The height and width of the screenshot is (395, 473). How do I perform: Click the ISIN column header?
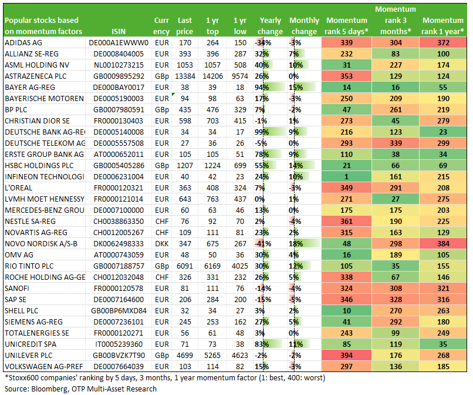coord(119,31)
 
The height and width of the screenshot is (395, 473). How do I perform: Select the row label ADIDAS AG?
coord(23,42)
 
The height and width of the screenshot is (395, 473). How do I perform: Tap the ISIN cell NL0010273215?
coord(119,65)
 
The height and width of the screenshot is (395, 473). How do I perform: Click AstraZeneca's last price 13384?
coord(185,76)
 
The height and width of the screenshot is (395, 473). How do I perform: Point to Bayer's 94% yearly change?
coord(262,88)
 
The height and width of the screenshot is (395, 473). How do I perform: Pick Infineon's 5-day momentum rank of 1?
coord(346,177)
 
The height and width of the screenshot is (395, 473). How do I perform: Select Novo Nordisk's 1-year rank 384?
coord(443,244)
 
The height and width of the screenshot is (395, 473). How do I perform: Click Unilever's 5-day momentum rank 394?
coord(346,356)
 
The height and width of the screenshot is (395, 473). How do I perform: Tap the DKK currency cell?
coord(162,244)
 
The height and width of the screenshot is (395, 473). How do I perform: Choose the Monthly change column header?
coord(304,26)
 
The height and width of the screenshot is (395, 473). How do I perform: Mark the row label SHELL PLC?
coord(21,311)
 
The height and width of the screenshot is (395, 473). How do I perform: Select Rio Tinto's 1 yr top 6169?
coord(212,266)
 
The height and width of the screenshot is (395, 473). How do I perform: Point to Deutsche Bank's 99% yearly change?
coord(262,132)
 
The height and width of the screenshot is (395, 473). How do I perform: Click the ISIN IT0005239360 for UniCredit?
coord(119,344)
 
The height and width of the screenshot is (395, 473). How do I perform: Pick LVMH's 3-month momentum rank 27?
coord(395,199)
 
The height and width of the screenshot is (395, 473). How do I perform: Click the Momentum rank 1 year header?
coord(442,26)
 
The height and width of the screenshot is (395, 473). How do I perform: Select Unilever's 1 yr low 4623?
coord(240,356)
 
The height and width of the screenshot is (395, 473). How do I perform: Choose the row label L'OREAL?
coord(18,188)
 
